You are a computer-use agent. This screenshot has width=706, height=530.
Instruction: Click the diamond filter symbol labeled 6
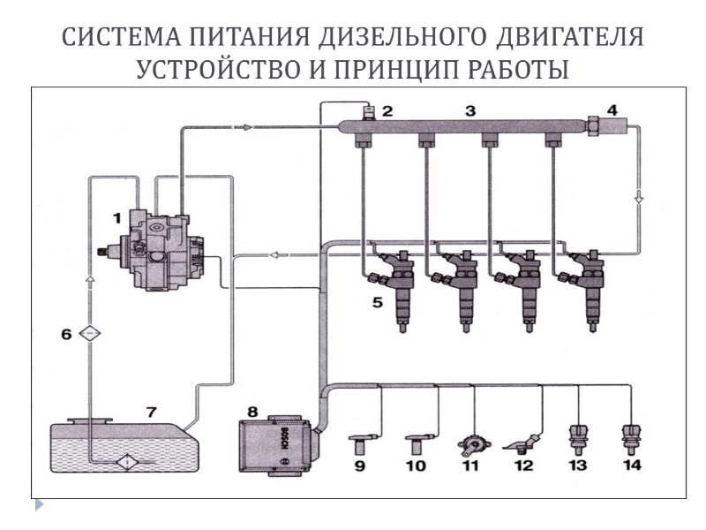(x=89, y=333)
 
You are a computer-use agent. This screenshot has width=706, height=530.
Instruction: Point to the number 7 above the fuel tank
(x=151, y=412)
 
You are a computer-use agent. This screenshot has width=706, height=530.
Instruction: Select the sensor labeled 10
(x=417, y=438)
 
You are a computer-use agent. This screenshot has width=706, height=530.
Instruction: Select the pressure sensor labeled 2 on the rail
(x=371, y=113)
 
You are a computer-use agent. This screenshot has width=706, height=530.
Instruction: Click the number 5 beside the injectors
(x=376, y=303)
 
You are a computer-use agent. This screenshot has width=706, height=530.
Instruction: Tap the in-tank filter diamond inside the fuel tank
(x=125, y=461)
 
